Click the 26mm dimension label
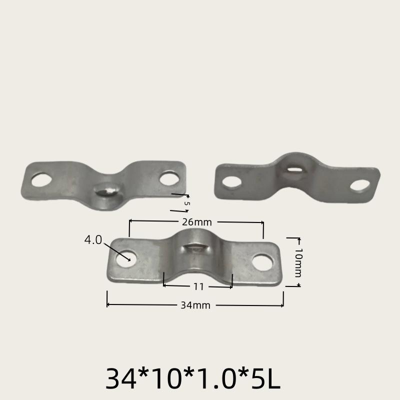pyautogui.click(x=195, y=221)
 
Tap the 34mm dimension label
pyautogui.click(x=195, y=305)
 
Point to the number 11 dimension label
pyautogui.click(x=198, y=286)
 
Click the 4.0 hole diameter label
pyautogui.click(x=93, y=240)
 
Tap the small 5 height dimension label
pyautogui.click(x=187, y=203)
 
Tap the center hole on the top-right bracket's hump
pyautogui.click(x=293, y=168)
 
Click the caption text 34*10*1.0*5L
pyautogui.click(x=193, y=379)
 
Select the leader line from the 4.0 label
pyautogui.click(x=116, y=251)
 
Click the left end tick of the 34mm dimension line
pyautogui.click(x=107, y=299)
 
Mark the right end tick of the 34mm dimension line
pyautogui.click(x=283, y=299)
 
